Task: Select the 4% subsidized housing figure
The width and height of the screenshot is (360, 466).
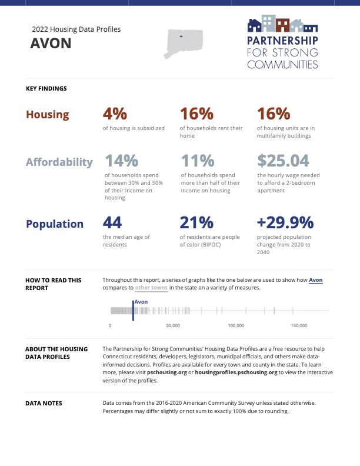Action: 115,114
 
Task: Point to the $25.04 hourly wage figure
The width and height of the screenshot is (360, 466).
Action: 284,160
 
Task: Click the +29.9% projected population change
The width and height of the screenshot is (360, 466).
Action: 285,222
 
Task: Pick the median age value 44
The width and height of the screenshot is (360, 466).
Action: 112,222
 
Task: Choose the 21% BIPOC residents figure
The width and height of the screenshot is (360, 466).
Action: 196,222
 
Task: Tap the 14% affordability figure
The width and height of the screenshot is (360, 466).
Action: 121,160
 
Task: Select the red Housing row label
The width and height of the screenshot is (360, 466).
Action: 47,115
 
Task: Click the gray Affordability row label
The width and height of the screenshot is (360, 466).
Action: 59,162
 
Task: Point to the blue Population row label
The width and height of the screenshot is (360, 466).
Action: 55,224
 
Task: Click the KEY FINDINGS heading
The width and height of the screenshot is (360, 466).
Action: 46,89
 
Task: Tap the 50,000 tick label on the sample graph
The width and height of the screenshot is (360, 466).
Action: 173,325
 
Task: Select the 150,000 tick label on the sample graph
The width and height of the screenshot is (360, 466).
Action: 299,325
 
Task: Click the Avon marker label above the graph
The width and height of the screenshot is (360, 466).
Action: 141,302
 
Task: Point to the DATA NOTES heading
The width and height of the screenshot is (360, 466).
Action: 44,404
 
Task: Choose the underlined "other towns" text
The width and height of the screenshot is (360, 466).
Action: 151,288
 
